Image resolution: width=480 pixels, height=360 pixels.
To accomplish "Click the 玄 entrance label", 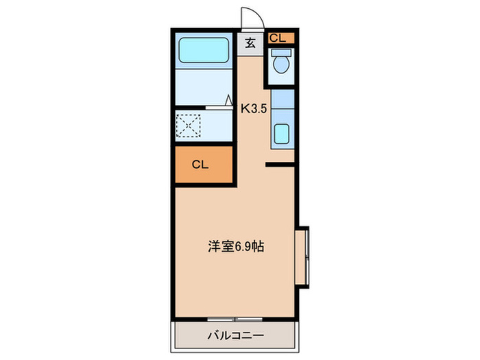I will (250, 43).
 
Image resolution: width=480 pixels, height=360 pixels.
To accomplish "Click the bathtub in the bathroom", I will (204, 50).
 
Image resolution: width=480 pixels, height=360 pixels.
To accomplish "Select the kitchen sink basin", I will (281, 134).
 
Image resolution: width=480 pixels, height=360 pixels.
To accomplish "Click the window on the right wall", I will (304, 257).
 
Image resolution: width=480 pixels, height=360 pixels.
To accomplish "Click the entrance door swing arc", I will (250, 19).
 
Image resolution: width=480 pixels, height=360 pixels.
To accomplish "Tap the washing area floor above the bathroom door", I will (203, 86).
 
